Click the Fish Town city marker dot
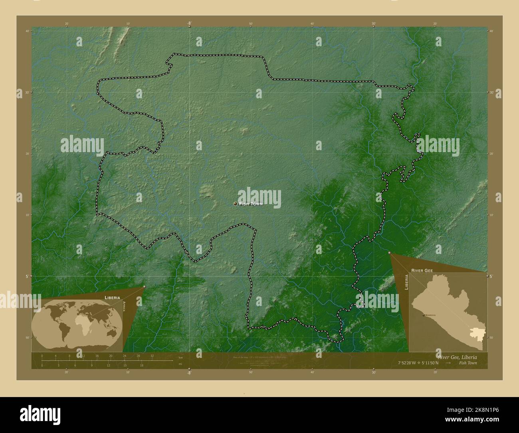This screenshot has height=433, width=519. pyautogui.click(x=236, y=204)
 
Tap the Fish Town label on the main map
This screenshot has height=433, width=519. pyautogui.click(x=251, y=204)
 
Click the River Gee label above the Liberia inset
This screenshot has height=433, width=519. pyautogui.click(x=422, y=271)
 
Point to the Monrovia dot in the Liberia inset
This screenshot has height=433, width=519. pyautogui.click(x=423, y=315)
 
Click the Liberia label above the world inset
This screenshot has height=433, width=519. pyautogui.click(x=112, y=298)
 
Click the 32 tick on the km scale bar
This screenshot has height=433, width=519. pyautogui.click(x=152, y=356)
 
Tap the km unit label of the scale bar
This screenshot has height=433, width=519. pyautogui.click(x=180, y=358)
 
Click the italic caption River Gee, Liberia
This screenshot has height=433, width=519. pyautogui.click(x=457, y=356)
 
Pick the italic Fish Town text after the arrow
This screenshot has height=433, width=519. pyautogui.click(x=467, y=363)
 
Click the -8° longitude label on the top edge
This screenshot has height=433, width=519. pyautogui.click(x=189, y=24)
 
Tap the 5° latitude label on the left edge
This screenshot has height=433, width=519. pyautogui.click(x=27, y=276)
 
